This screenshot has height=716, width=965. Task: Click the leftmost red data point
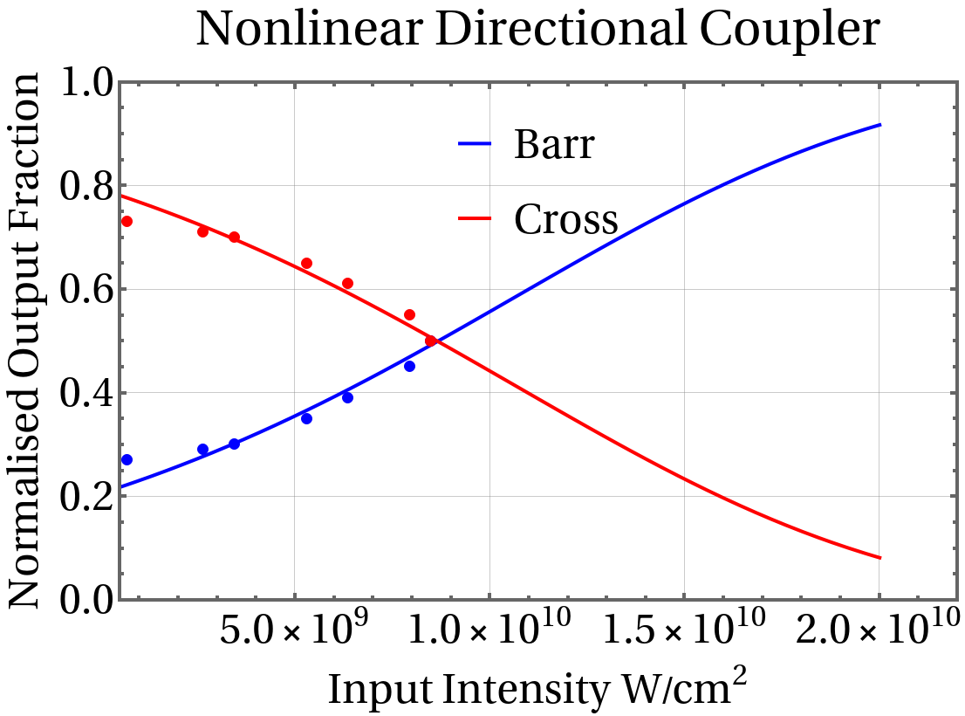(x=127, y=222)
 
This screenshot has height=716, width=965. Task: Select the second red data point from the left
(x=203, y=231)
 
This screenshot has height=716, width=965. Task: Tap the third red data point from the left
(x=235, y=238)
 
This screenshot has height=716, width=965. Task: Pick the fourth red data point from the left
(x=307, y=264)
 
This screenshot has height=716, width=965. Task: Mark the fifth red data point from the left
(x=347, y=283)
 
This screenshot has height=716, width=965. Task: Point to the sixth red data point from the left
(x=409, y=314)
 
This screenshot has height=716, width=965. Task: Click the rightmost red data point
(x=430, y=341)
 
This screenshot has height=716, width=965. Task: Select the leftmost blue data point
(x=127, y=459)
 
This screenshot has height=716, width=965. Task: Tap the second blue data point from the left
(x=203, y=449)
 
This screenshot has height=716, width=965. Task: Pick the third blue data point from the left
(x=235, y=444)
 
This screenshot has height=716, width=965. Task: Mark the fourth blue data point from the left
(x=307, y=419)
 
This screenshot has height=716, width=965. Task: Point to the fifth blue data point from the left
(x=347, y=397)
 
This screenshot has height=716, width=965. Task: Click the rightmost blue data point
(x=409, y=367)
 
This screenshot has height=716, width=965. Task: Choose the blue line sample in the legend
(x=476, y=144)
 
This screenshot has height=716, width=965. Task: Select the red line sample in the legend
(x=476, y=218)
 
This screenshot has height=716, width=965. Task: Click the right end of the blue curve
(x=879, y=125)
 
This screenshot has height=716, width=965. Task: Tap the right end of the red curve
(x=879, y=557)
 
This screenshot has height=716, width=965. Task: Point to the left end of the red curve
(x=121, y=196)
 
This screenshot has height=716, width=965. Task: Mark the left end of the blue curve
(x=121, y=485)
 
